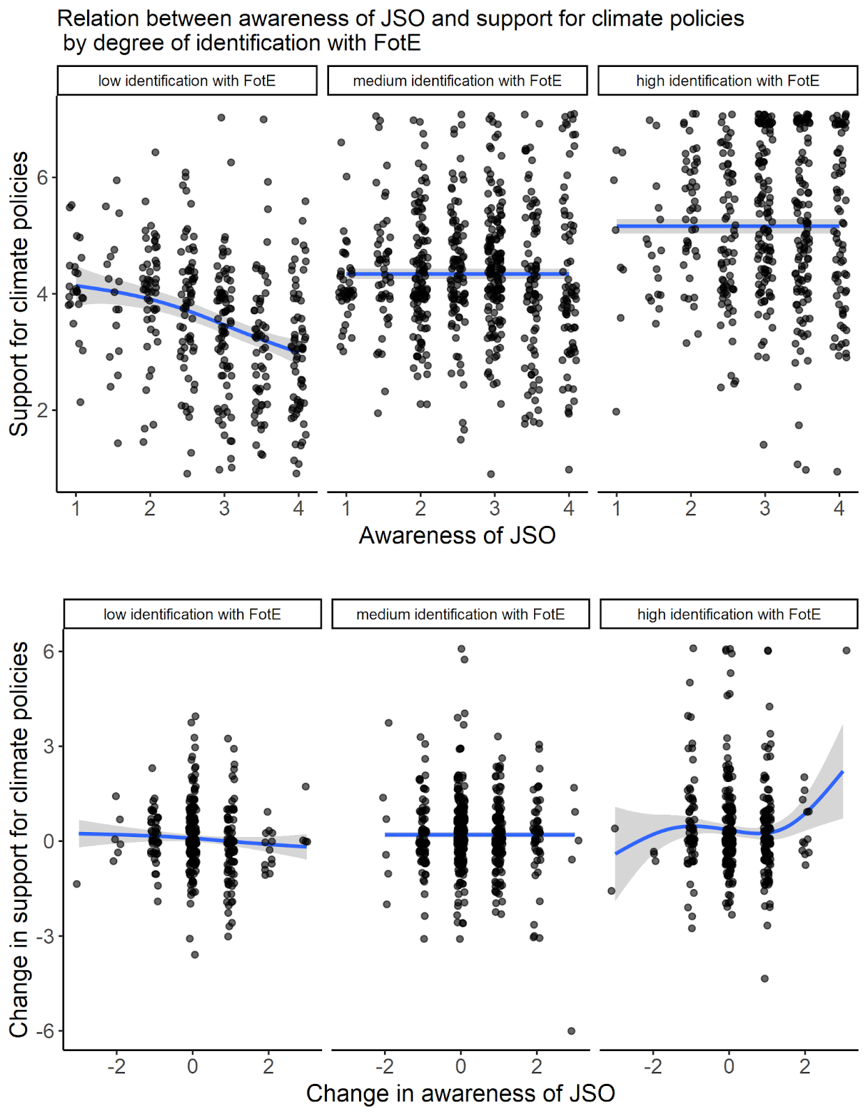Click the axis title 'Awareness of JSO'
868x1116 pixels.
pyautogui.click(x=457, y=536)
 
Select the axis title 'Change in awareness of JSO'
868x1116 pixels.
pyautogui.click(x=460, y=1093)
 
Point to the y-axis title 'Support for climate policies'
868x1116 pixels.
pyautogui.click(x=19, y=294)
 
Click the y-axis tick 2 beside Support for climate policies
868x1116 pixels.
pyautogui.click(x=43, y=410)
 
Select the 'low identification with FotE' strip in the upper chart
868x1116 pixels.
pyautogui.click(x=187, y=81)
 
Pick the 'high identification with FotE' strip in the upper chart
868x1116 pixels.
pyautogui.click(x=727, y=81)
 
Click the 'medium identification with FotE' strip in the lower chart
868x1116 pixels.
pyautogui.click(x=460, y=614)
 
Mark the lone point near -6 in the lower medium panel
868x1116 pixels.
pyautogui.click(x=572, y=1031)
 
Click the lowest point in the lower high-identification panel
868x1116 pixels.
pyautogui.click(x=765, y=979)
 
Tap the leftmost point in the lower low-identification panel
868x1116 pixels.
pyautogui.click(x=77, y=884)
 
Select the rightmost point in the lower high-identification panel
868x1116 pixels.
pyautogui.click(x=846, y=650)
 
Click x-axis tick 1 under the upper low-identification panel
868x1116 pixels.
pyautogui.click(x=76, y=508)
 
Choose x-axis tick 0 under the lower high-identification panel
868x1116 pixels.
pyautogui.click(x=729, y=1066)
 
